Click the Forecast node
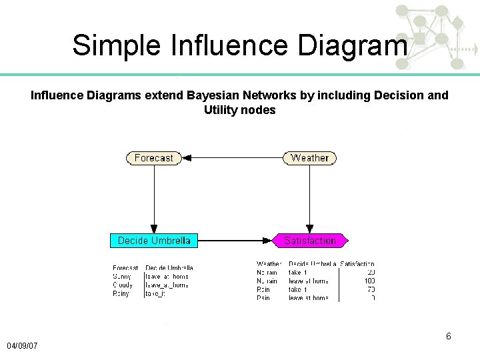pyautogui.click(x=154, y=158)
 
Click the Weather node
pyautogui.click(x=309, y=158)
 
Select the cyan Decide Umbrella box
pyautogui.click(x=154, y=240)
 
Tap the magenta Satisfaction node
pyautogui.click(x=310, y=240)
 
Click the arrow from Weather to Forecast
pyautogui.click(x=233, y=158)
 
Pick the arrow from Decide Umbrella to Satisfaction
pyautogui.click(x=235, y=240)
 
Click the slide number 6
pyautogui.click(x=449, y=336)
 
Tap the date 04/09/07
pyautogui.click(x=22, y=346)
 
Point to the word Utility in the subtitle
pyautogui.click(x=221, y=110)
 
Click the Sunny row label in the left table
pyautogui.click(x=123, y=276)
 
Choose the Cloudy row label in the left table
pyautogui.click(x=123, y=285)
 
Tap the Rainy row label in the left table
pyautogui.click(x=122, y=293)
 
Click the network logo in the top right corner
pyautogui.click(x=437, y=37)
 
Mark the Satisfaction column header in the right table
pyautogui.click(x=357, y=265)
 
